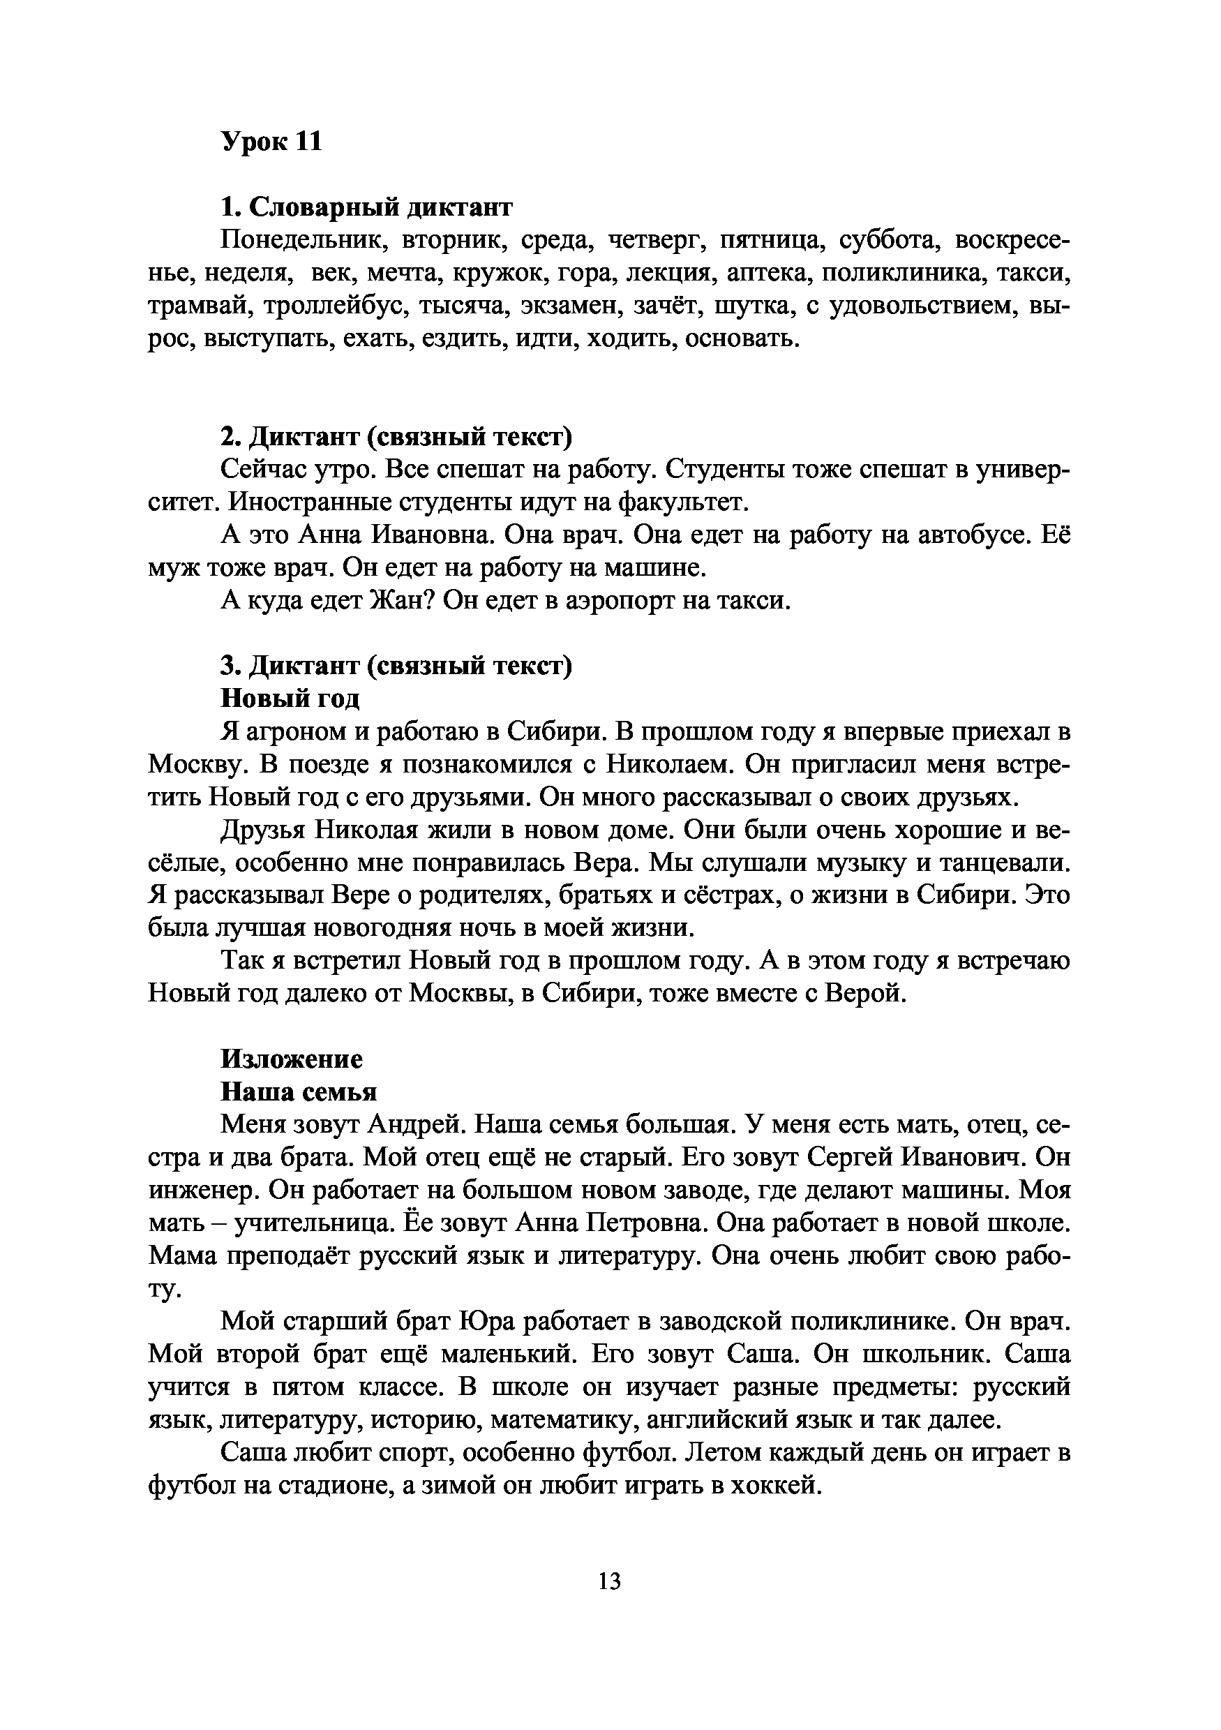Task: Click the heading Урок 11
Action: point(271,141)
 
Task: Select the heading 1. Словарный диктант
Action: point(367,207)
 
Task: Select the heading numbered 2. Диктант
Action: point(396,437)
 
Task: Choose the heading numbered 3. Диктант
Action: point(396,666)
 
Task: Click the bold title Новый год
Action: point(290,699)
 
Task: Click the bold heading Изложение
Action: point(292,1059)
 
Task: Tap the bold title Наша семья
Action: point(299,1091)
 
